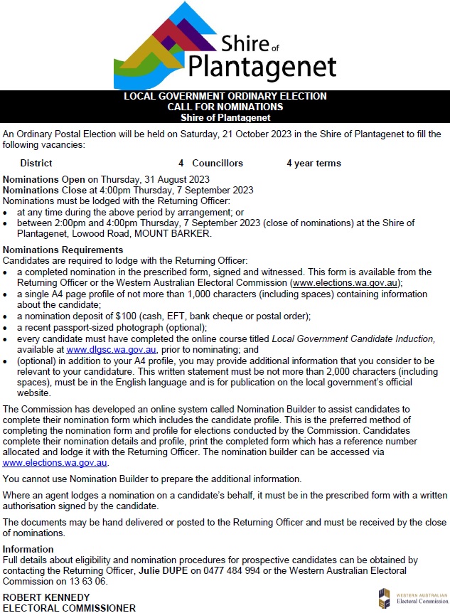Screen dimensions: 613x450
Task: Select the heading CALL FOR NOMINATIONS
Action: coord(225,107)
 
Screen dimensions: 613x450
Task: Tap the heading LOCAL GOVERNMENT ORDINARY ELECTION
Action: coord(225,97)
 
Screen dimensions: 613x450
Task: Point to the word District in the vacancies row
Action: coord(36,164)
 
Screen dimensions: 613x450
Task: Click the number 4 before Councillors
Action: coord(181,164)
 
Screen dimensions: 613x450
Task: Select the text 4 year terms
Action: coord(314,164)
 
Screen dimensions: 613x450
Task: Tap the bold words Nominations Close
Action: coord(45,190)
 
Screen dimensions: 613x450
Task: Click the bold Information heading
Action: coord(28,549)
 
